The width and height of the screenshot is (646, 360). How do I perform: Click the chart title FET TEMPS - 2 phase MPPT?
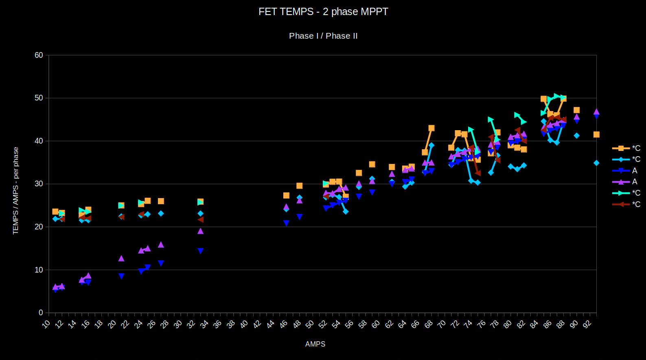[x=323, y=12]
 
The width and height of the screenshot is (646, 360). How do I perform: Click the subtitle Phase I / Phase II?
[x=323, y=36]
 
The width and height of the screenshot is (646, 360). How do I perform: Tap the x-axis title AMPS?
[x=315, y=344]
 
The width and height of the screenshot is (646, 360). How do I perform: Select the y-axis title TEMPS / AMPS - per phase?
[x=16, y=190]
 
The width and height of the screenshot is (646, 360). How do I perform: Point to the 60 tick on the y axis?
[x=39, y=55]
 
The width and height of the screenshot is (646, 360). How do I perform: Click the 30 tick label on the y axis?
[x=39, y=184]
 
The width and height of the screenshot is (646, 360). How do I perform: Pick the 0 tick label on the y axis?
[x=41, y=313]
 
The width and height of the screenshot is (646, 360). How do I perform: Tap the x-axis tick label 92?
[x=587, y=324]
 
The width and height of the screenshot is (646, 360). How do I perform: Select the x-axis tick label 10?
[x=46, y=324]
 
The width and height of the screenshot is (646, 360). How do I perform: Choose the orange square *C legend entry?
[x=626, y=148]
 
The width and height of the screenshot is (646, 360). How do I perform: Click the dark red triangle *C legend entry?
[x=626, y=204]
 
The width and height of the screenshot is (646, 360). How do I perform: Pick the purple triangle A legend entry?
[x=626, y=182]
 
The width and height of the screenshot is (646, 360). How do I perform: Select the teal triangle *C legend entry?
[x=626, y=193]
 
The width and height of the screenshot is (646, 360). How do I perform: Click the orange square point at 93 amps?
[x=596, y=135]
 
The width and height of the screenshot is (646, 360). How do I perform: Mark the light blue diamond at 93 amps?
[x=596, y=163]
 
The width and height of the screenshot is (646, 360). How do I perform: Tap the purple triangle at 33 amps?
[x=200, y=231]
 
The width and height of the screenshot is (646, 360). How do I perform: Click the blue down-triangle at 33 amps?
[x=200, y=251]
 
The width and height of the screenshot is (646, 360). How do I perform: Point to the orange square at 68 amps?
[x=431, y=128]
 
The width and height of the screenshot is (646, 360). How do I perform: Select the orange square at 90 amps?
[x=576, y=110]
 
